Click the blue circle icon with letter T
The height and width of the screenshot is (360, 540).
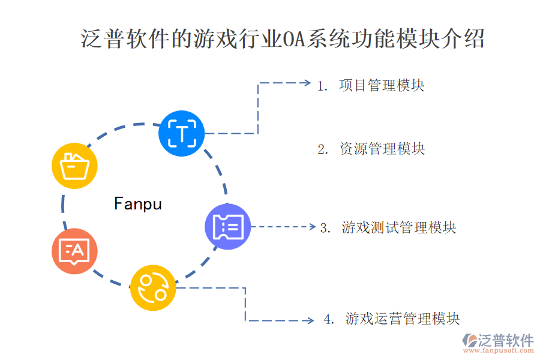coord(181,133)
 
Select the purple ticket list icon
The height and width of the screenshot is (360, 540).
coord(227,226)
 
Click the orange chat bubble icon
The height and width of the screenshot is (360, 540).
coord(74,251)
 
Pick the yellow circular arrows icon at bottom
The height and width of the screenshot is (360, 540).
coord(153,288)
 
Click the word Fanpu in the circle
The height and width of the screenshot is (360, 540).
coord(138,204)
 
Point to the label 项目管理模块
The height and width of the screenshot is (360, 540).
coord(382,85)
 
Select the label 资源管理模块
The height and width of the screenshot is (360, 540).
coord(382,149)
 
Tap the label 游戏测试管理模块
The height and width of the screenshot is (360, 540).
coord(399,227)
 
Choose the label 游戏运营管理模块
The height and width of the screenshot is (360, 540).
coord(403,319)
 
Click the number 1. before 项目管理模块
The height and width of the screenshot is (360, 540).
coord(323,86)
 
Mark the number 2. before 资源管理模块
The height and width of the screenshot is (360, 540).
coord(323,149)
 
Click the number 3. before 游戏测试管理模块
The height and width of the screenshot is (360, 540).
coord(326,228)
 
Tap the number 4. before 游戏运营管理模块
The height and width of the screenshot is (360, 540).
coord(329,319)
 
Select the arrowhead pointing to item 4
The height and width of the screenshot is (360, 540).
coord(310,321)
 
